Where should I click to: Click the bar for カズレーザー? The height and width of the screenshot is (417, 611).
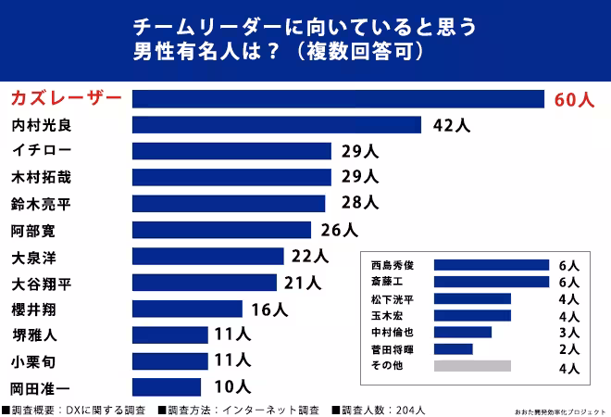tap(338, 99)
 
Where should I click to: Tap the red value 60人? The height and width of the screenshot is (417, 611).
tap(574, 100)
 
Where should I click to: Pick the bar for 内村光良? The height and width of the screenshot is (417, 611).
tap(277, 125)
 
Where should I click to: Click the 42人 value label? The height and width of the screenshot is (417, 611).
tap(451, 126)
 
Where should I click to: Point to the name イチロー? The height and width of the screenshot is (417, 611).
tap(41, 150)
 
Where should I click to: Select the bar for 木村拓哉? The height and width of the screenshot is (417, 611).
tap(231, 176)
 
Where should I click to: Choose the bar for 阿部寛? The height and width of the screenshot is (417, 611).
tap(221, 230)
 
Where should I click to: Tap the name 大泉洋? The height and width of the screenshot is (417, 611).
tap(34, 256)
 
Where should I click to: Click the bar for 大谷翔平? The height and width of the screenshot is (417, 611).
tap(205, 283)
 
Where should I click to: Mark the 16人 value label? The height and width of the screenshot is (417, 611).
tap(269, 310)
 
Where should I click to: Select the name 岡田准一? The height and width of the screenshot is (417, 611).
tap(41, 387)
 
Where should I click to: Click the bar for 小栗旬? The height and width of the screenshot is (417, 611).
tap(166, 361)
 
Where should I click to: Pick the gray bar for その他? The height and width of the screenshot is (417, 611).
tap(471, 366)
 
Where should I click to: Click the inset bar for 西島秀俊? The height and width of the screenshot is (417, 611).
tap(491, 265)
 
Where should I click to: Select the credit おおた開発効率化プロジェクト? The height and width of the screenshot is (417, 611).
tap(559, 410)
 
